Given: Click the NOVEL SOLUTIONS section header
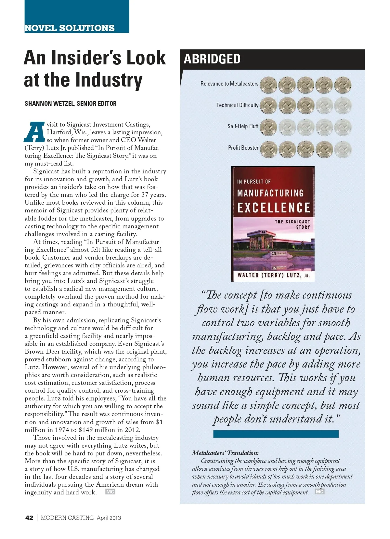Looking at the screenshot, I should tap(70, 28).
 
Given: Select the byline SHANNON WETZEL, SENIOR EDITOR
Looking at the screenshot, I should tap(71, 104).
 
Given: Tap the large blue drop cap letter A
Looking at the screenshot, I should tap(34, 132).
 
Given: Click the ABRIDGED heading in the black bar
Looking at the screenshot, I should tap(212, 59).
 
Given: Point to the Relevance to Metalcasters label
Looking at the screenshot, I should tap(229, 84).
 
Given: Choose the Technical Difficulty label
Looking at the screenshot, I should tap(237, 105).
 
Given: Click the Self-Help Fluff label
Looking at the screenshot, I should tap(243, 126).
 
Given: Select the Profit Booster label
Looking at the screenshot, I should tap(243, 148).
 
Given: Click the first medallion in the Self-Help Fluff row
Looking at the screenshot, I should tap(268, 127).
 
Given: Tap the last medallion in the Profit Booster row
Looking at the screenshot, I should tap(343, 149).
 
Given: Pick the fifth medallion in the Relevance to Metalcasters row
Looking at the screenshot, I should tap(343, 85).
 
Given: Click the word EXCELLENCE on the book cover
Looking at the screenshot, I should tap(274, 208).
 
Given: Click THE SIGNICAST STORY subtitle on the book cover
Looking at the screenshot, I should tap(292, 224).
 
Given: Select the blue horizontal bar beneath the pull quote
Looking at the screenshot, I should tap(276, 434).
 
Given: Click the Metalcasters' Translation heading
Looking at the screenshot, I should tap(225, 453).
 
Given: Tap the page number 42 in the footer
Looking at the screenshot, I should tap(29, 518).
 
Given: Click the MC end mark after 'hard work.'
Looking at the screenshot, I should tap(110, 492).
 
